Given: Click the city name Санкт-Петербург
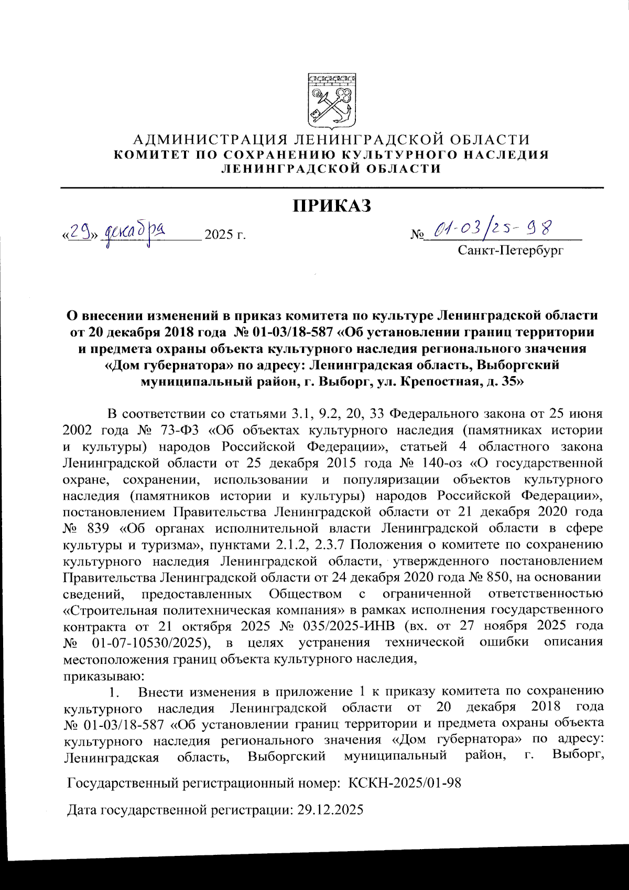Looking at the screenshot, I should pyautogui.click(x=511, y=250).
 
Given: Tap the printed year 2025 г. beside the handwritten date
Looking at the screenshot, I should pyautogui.click(x=225, y=234).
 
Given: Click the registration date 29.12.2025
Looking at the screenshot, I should pyautogui.click(x=330, y=810).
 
